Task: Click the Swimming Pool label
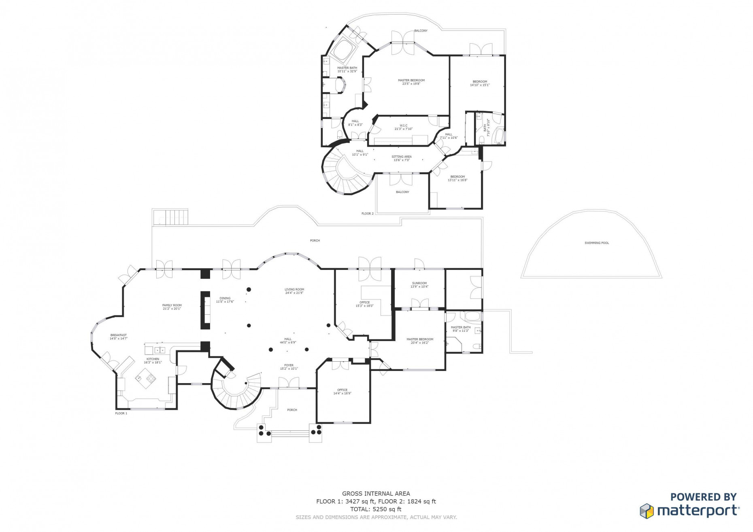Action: coord(596,243)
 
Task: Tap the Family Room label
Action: coord(172,307)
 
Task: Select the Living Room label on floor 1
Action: coord(294,291)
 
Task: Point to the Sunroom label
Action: coord(419,285)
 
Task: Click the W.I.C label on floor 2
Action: coord(403,127)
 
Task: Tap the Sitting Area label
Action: coord(402,158)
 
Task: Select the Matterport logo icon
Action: coord(647,511)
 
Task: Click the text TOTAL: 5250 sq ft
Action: coord(376,509)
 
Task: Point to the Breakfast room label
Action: coord(118,337)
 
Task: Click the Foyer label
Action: coord(289,367)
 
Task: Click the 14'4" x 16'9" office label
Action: coord(342,392)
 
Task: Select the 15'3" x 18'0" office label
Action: coord(364,304)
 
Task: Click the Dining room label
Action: coord(225,300)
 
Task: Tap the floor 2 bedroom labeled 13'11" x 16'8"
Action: coord(457,178)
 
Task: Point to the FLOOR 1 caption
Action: coord(121,413)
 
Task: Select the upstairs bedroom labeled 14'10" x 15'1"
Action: coord(480,83)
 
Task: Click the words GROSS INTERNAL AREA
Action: coord(376,494)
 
